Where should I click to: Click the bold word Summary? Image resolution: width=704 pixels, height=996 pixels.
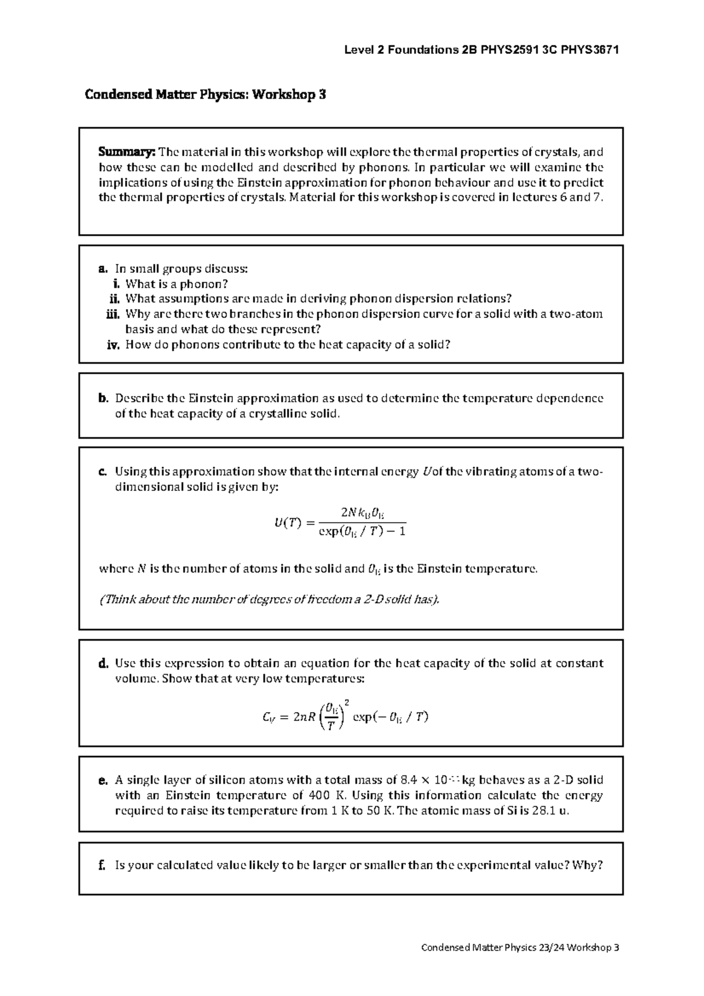pyautogui.click(x=126, y=153)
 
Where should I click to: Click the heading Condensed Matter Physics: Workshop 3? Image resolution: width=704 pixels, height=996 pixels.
pyautogui.click(x=205, y=94)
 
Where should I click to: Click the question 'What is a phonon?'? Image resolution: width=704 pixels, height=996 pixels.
pyautogui.click(x=177, y=284)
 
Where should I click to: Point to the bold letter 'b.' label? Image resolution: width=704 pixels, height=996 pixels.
pyautogui.click(x=103, y=398)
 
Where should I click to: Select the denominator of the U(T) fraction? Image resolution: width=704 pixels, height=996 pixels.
pyautogui.click(x=362, y=532)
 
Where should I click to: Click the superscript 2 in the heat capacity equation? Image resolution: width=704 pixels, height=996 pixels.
pyautogui.click(x=347, y=702)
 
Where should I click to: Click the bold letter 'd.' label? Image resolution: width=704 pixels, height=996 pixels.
pyautogui.click(x=103, y=663)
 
